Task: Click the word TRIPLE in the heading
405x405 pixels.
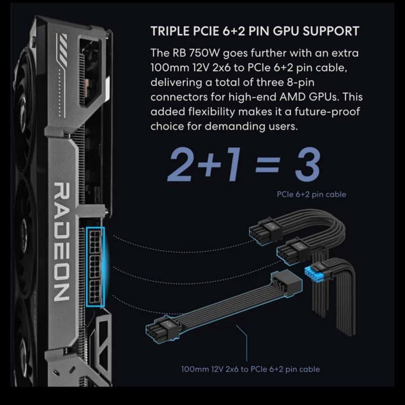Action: (170, 31)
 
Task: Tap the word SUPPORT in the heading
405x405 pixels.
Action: (331, 31)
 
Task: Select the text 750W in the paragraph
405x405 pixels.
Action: (205, 53)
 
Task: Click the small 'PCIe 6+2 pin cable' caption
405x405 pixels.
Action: (311, 194)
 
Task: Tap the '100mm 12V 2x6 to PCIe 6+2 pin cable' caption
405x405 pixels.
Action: (250, 369)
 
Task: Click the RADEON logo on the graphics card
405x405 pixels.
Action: (61, 242)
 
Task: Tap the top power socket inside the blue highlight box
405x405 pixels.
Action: (95, 242)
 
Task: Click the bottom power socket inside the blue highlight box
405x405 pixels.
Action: (95, 292)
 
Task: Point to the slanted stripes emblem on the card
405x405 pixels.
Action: (61, 50)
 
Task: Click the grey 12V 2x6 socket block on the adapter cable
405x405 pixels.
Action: (287, 283)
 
